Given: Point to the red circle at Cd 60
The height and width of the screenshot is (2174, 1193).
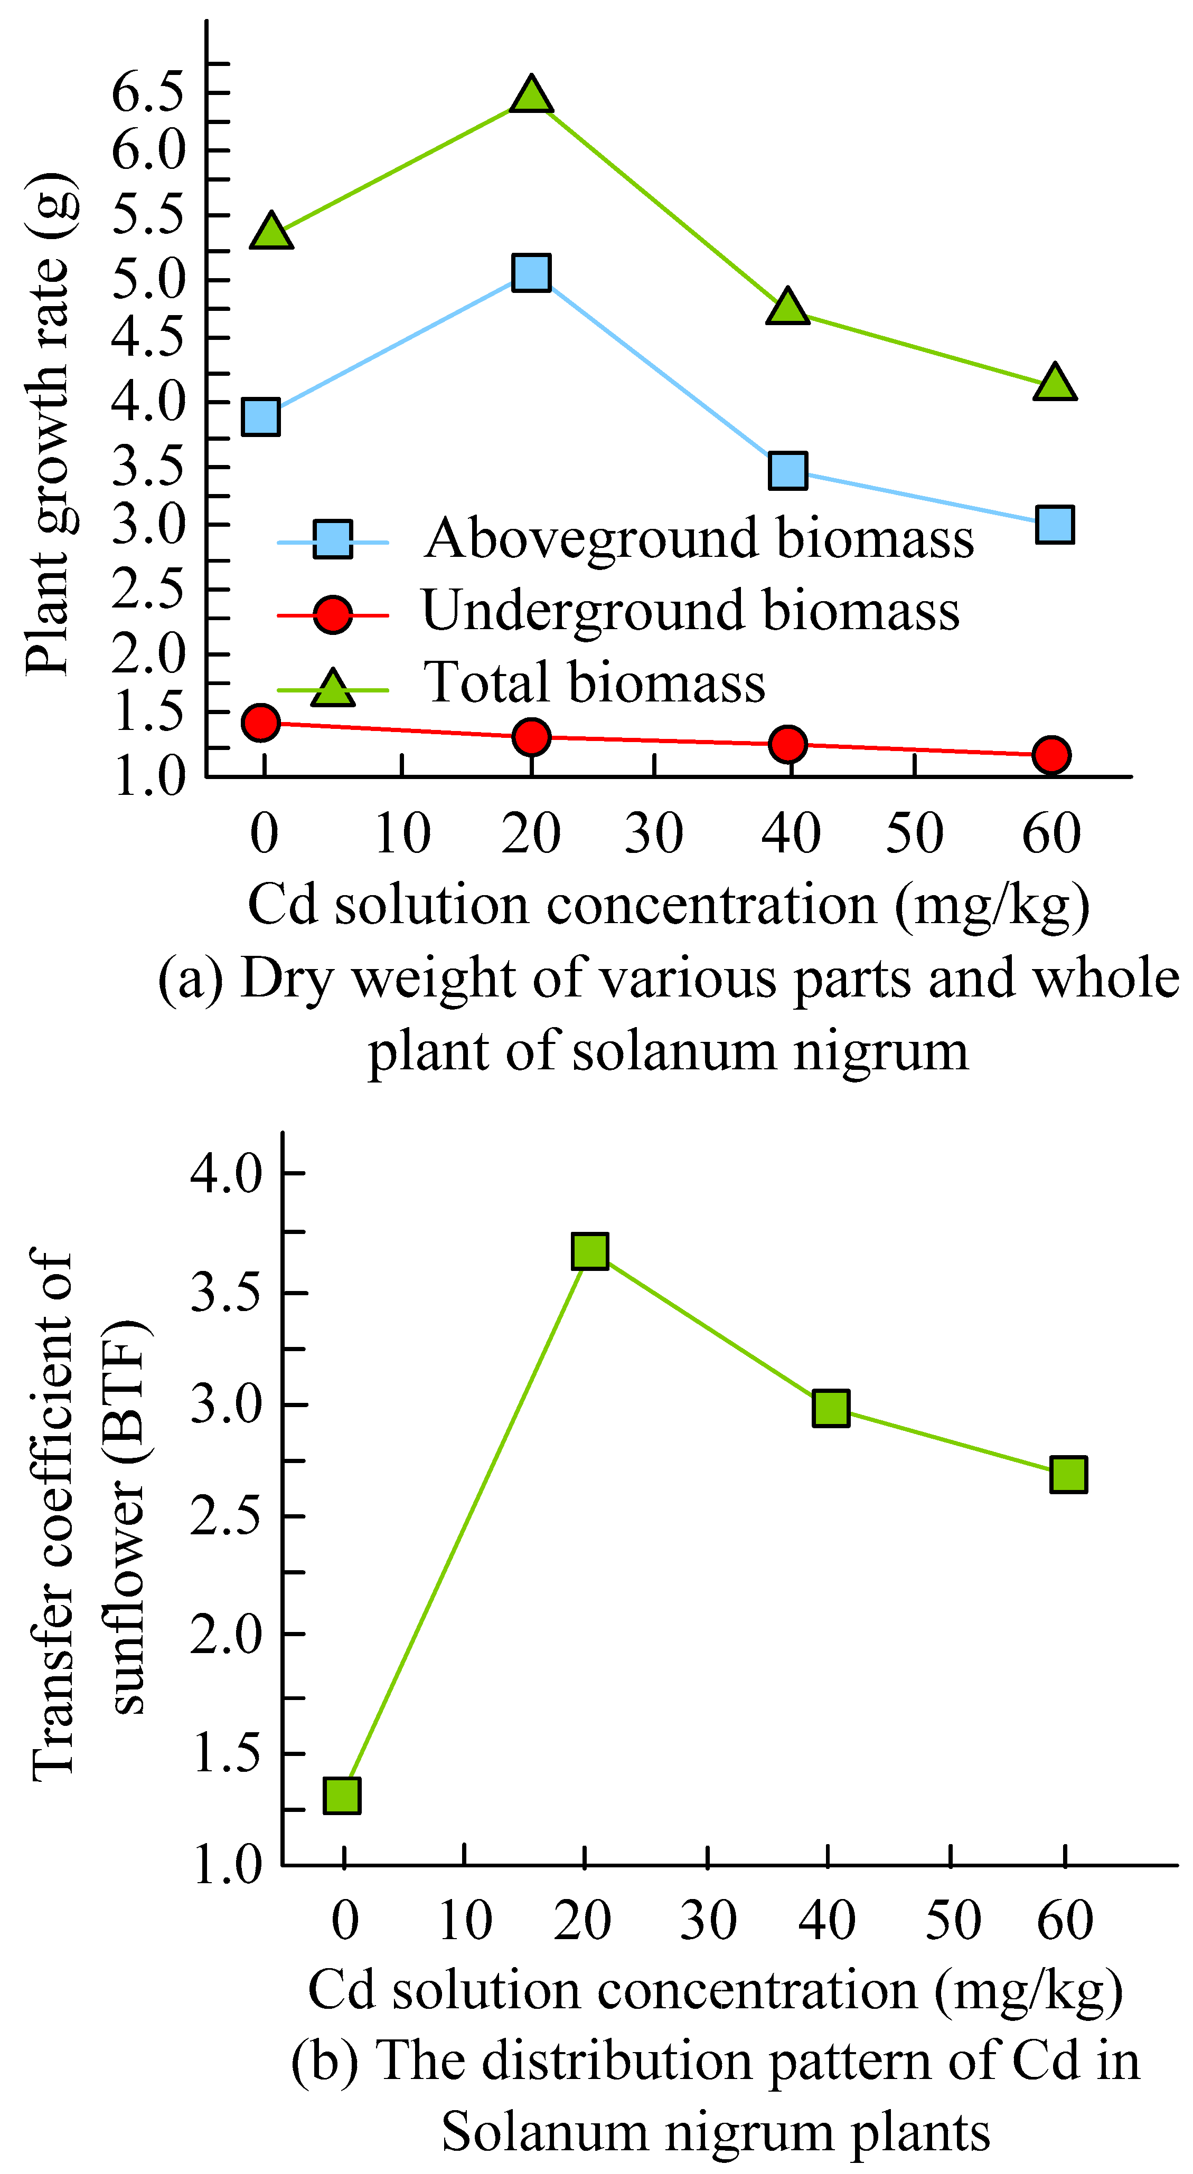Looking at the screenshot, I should click(x=1051, y=754).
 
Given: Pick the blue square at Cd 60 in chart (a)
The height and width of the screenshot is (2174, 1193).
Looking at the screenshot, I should click(x=1055, y=524).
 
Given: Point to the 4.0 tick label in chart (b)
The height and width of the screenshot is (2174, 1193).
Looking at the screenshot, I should click(x=226, y=1173).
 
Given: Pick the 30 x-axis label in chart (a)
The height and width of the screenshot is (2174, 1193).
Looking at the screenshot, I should click(x=653, y=834).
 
